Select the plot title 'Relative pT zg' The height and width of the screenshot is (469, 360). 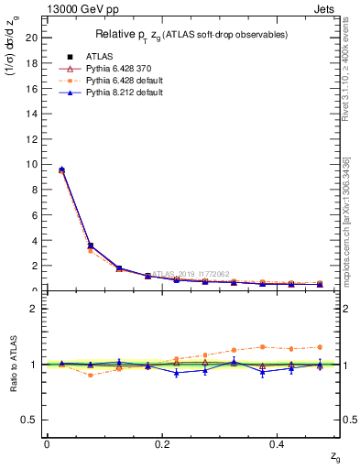coord(192,35)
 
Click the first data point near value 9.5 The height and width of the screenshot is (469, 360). coord(61,170)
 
